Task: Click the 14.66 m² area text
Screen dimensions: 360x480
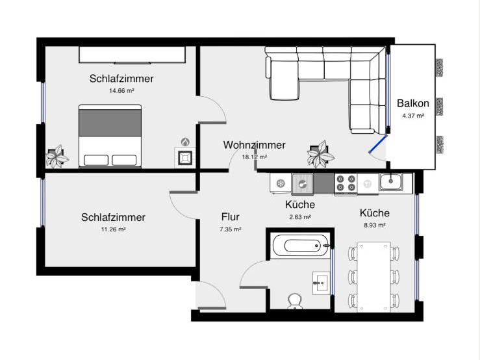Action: pos(122,92)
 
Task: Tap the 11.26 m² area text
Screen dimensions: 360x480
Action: pos(113,229)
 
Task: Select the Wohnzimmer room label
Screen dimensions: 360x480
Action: pos(254,145)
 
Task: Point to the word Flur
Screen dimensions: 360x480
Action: pos(231,218)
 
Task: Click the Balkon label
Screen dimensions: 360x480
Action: pos(412,103)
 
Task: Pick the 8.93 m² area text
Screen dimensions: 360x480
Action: pos(374,225)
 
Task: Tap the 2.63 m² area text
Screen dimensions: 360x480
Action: pos(299,217)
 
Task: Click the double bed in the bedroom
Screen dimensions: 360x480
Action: pos(110,135)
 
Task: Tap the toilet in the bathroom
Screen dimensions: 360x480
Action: pos(296,301)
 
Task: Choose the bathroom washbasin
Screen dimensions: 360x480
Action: pos(322,281)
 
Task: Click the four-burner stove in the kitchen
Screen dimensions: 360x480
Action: pos(346,184)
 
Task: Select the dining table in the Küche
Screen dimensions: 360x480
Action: pos(373,276)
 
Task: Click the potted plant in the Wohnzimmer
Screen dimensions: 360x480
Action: pos(320,154)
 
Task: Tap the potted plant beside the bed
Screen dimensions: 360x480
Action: pos(58,156)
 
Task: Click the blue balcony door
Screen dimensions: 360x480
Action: pos(379,144)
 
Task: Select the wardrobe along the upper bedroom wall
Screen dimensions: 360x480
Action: pos(133,54)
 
